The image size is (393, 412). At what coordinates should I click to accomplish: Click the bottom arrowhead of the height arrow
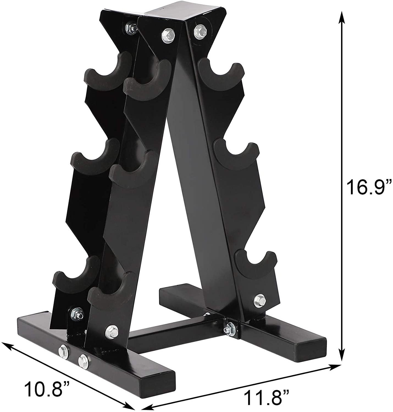pos(341,357)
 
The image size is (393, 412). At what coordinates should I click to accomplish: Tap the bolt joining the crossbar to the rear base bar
pos(228,328)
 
